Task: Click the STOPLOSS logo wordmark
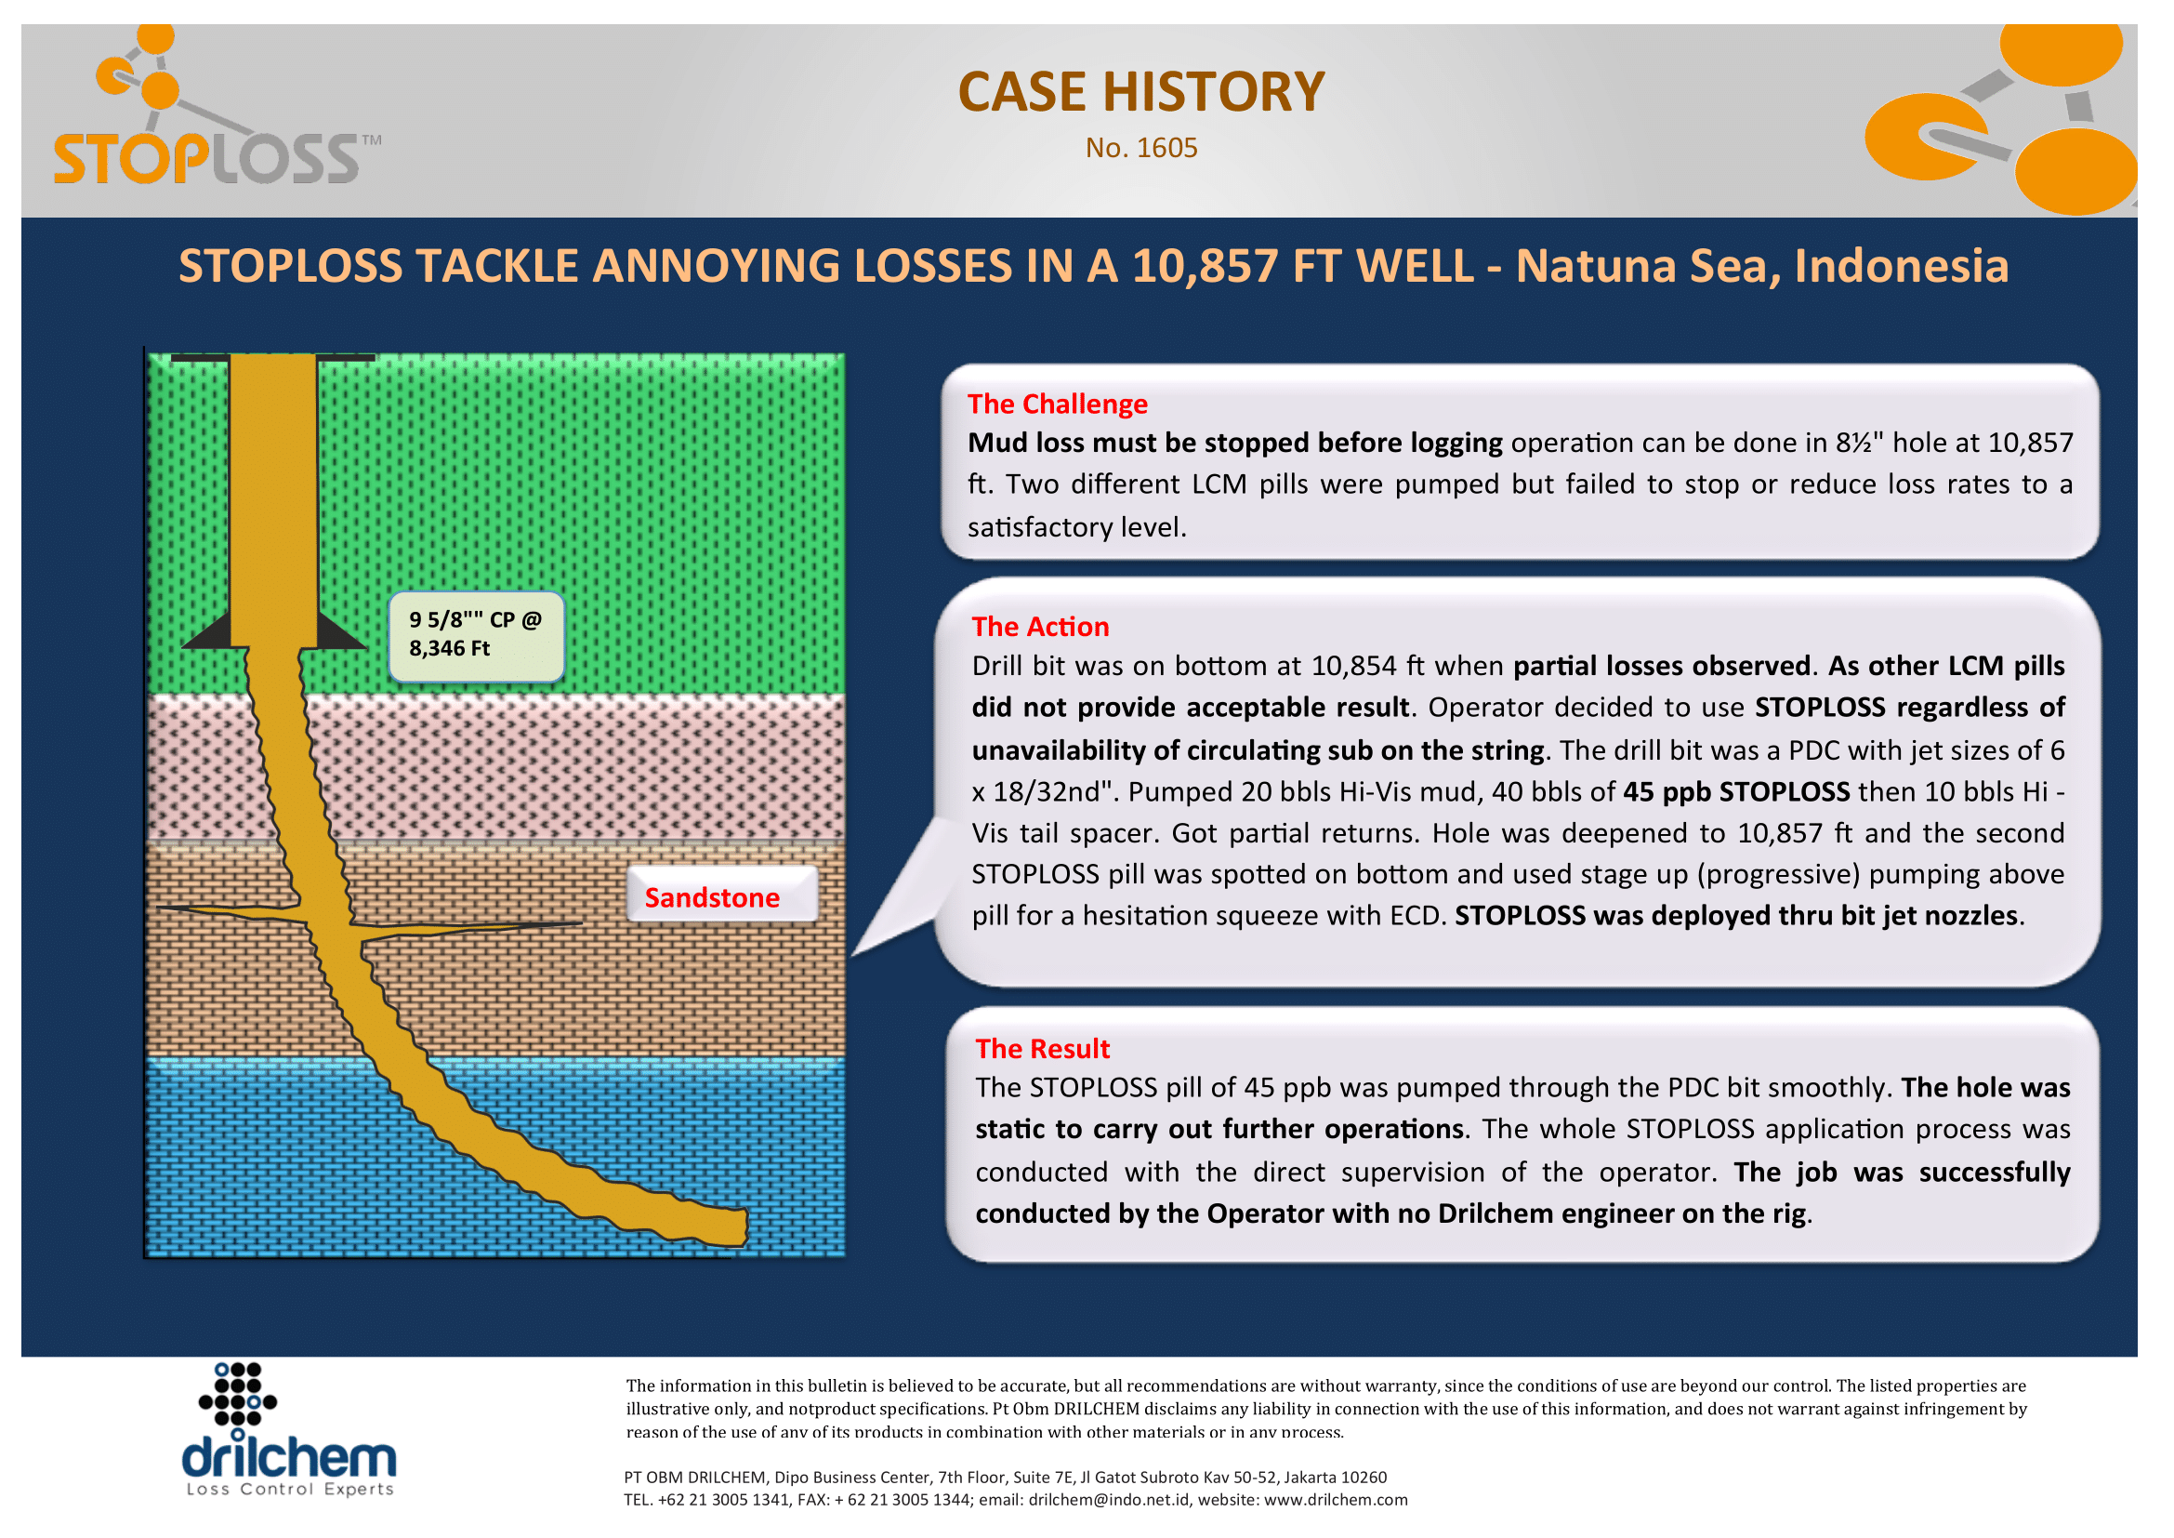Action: (x=208, y=158)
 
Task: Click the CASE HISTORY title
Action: (x=1141, y=92)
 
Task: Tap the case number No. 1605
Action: (x=1141, y=148)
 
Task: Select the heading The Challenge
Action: (x=1058, y=404)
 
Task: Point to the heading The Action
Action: (x=1041, y=627)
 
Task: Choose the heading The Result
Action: (x=1043, y=1049)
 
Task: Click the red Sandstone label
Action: (x=712, y=898)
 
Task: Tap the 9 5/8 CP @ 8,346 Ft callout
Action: (x=476, y=636)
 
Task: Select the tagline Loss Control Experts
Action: (x=290, y=1490)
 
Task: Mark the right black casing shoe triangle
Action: (x=341, y=630)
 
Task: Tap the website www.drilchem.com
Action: (x=1336, y=1500)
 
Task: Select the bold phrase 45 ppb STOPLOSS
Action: (x=1736, y=791)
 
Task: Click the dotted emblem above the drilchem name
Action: (x=238, y=1396)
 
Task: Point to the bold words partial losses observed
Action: (x=1662, y=666)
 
